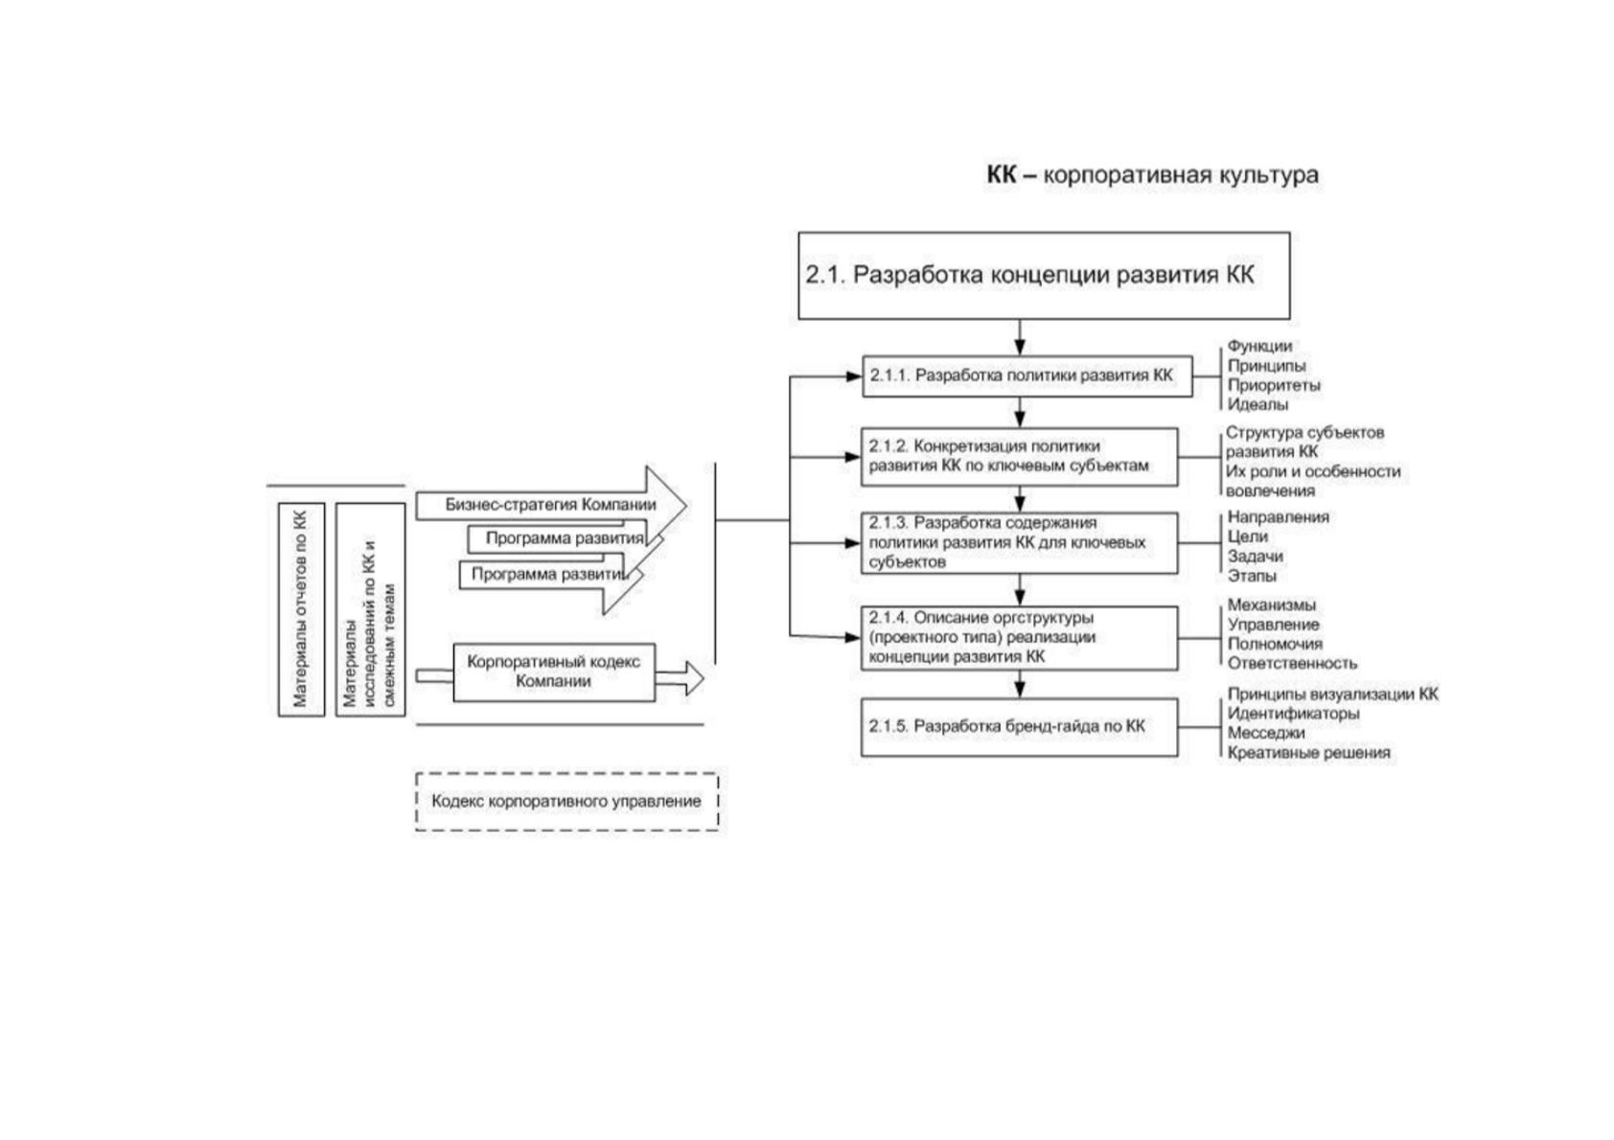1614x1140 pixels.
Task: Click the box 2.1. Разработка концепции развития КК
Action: click(x=1044, y=275)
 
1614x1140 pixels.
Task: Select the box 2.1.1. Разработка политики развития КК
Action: click(x=1026, y=376)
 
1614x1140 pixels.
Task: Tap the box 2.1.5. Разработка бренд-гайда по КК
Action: click(x=1020, y=727)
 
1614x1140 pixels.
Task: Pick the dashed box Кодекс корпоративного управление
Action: click(x=567, y=802)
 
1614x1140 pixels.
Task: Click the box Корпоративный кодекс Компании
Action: click(x=554, y=672)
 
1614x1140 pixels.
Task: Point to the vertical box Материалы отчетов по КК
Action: click(x=301, y=609)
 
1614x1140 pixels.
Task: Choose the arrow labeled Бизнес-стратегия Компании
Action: click(x=551, y=505)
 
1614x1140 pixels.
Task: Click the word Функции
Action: click(x=1259, y=347)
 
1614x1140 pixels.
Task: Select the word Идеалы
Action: click(x=1257, y=404)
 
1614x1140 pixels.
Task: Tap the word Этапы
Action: click(x=1252, y=576)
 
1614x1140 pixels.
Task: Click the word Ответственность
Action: click(x=1292, y=663)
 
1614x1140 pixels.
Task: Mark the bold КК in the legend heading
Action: click(x=1002, y=174)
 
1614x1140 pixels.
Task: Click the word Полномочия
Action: click(x=1275, y=644)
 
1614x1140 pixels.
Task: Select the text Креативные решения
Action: click(x=1308, y=753)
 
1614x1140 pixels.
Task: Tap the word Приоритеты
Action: click(x=1274, y=385)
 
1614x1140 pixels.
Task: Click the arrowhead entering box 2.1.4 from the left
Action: click(x=853, y=637)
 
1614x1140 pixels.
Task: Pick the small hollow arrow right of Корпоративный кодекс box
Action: click(x=680, y=677)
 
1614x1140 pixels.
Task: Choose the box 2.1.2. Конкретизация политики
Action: click(x=1020, y=457)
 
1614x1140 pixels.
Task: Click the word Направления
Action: click(x=1279, y=517)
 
